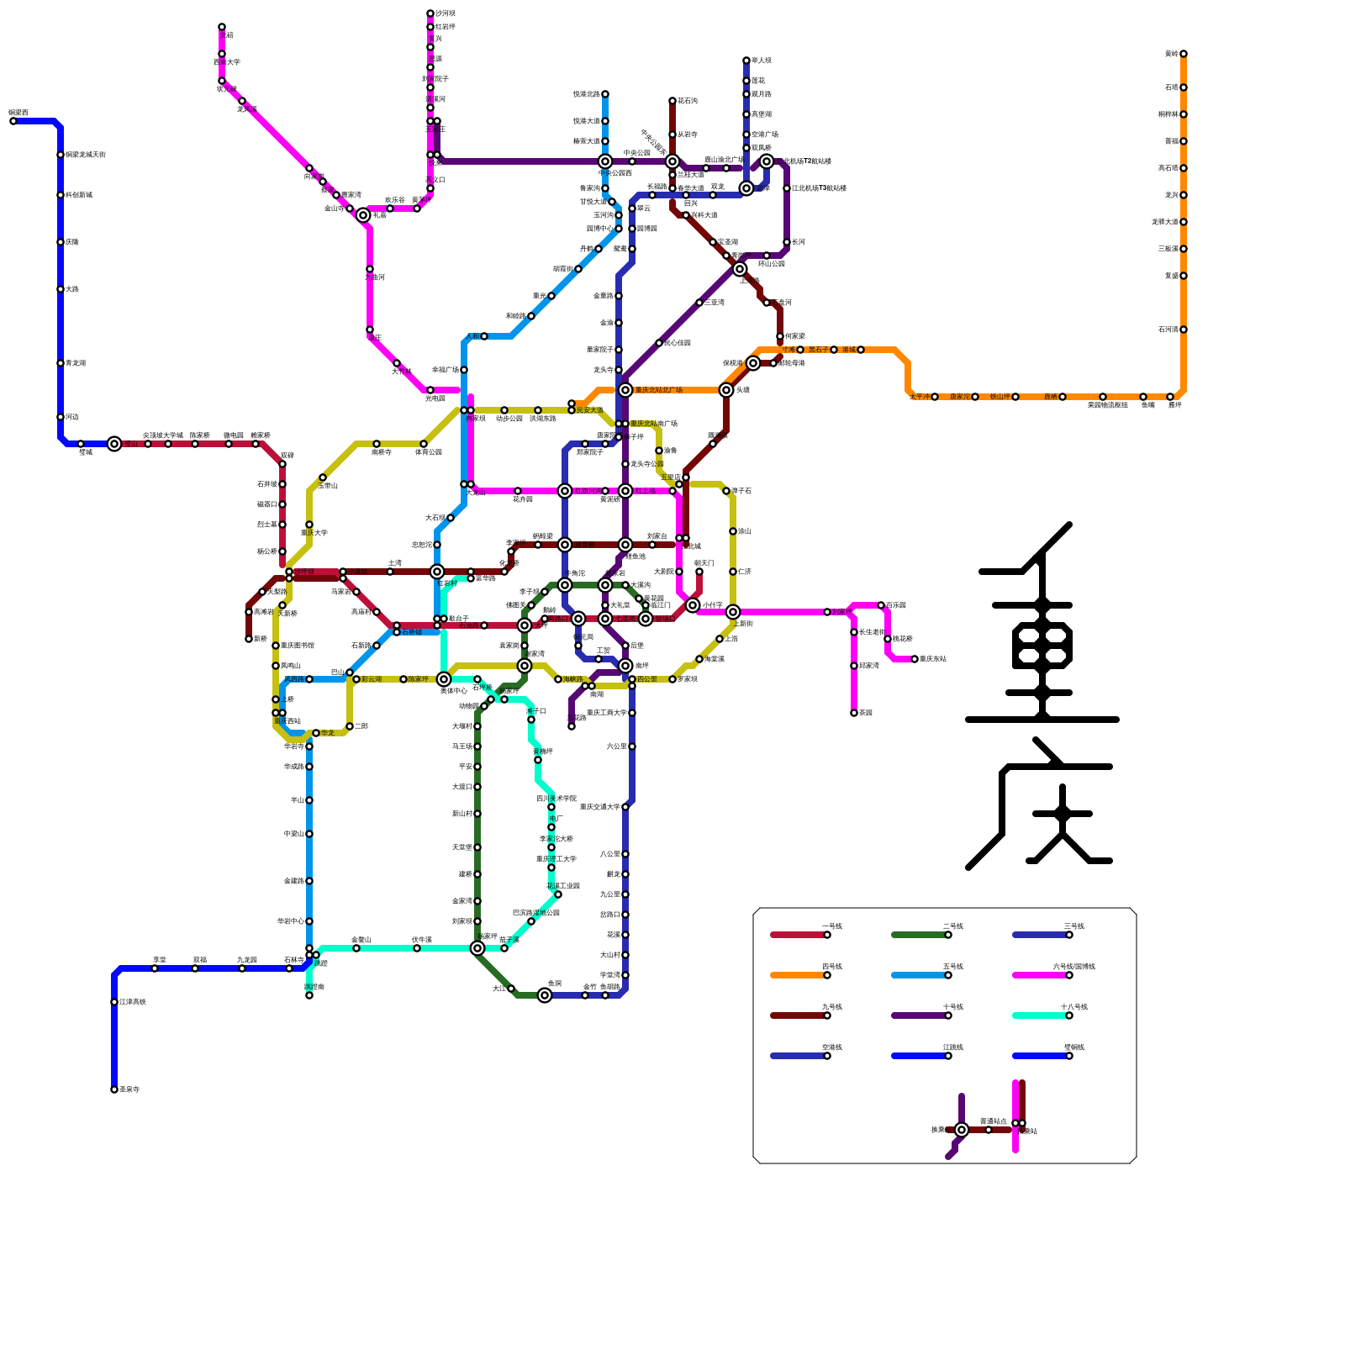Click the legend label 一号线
coord(831,926)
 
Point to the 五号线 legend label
coord(952,967)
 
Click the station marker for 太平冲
coord(935,397)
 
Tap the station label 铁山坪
coord(1000,397)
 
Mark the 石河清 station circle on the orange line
coord(1184,330)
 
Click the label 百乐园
coord(896,605)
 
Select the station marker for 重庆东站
coord(915,659)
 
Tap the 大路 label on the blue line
coord(72,289)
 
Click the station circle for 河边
coord(61,417)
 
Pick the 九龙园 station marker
coord(242,968)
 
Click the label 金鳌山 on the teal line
coord(361,940)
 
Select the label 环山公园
coord(771,264)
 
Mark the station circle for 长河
coord(787,242)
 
